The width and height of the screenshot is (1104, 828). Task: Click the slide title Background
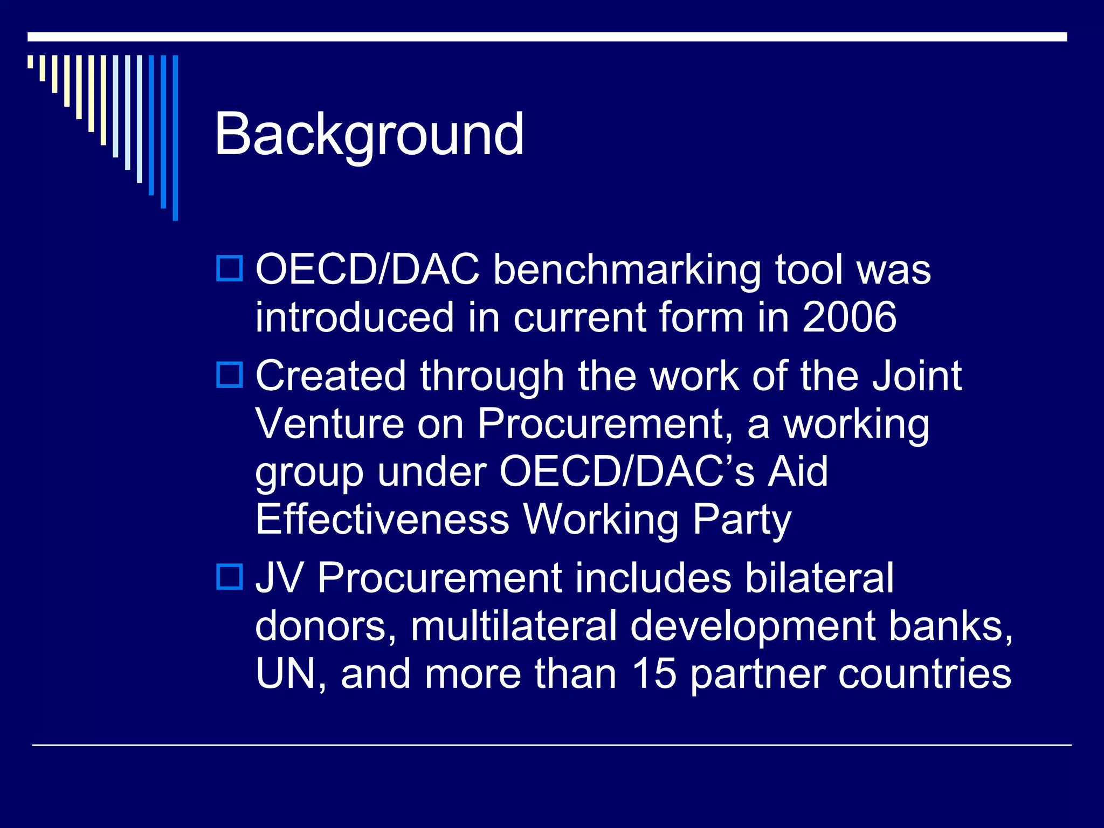click(x=369, y=135)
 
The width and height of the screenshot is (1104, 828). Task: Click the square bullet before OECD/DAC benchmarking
click(x=230, y=268)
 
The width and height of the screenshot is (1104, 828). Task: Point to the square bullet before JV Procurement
click(x=230, y=576)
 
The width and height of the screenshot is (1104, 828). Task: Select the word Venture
click(x=329, y=424)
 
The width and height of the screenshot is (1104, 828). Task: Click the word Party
click(x=742, y=520)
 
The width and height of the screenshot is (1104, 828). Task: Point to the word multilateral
click(x=513, y=626)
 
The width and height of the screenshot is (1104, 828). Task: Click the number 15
click(x=654, y=673)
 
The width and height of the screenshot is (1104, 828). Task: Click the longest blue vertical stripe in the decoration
click(x=175, y=137)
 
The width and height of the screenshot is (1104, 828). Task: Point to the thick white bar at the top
click(x=547, y=37)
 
